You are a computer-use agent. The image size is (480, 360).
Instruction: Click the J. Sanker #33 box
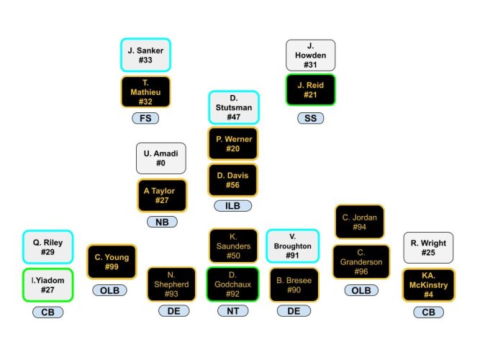(145, 55)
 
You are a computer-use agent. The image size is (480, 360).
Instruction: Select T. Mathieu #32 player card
(145, 92)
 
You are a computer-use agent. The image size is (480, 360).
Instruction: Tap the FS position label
(145, 118)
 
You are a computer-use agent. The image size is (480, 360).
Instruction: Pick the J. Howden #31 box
(310, 55)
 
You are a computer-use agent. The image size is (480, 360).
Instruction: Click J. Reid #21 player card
(310, 90)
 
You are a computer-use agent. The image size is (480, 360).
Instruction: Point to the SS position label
(310, 118)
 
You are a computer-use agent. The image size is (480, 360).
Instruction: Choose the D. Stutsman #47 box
(233, 107)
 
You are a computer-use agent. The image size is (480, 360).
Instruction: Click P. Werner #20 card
(233, 143)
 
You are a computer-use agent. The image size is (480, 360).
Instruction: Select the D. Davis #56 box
(233, 180)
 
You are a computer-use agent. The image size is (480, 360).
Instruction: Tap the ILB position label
(233, 206)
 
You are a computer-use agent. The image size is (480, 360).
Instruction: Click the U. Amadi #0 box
(161, 158)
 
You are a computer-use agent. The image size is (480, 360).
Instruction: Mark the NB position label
(161, 222)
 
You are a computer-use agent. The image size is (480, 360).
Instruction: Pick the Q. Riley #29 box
(47, 248)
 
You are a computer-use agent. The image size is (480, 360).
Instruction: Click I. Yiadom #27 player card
(47, 284)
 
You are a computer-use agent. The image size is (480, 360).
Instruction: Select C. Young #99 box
(111, 262)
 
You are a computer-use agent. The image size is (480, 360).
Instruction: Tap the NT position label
(233, 311)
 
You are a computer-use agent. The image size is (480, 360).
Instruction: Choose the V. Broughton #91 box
(292, 246)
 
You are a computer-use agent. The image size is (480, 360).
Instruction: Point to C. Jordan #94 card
(359, 222)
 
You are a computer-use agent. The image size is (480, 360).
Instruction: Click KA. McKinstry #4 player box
(428, 285)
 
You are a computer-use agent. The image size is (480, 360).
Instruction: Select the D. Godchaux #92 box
(233, 284)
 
